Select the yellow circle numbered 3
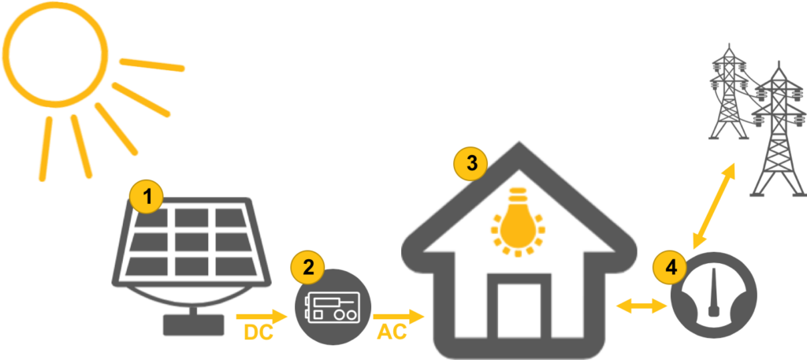(x=471, y=164)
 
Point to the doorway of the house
(x=519, y=311)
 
